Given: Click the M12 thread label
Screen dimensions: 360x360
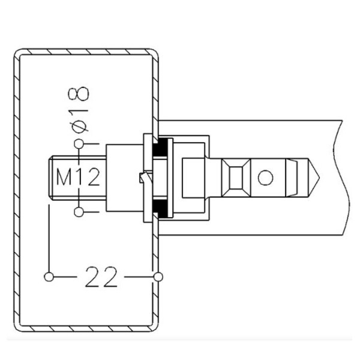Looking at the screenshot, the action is coord(78,177).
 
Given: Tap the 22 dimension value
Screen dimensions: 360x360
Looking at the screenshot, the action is coord(101,277).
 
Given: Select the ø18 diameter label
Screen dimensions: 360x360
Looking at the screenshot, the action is coord(79,110).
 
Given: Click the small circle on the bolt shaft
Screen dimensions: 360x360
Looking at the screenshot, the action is coord(265,178).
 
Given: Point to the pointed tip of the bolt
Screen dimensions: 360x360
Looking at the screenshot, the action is coord(319,177).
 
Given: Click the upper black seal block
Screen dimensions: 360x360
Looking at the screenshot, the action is coord(160,147).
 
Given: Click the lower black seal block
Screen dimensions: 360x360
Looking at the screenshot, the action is coord(160,208).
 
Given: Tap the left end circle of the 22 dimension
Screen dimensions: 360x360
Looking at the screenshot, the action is coord(49,277).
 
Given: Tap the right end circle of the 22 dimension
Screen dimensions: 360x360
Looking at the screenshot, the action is coord(158,277).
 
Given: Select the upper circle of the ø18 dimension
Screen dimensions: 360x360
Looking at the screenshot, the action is coord(79,144).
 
